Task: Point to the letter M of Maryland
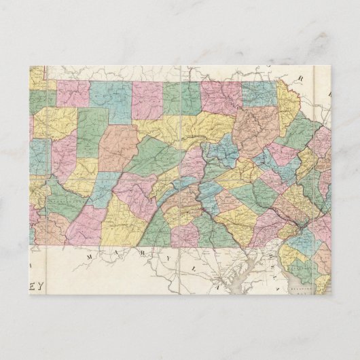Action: pyautogui.click(x=90, y=257)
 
